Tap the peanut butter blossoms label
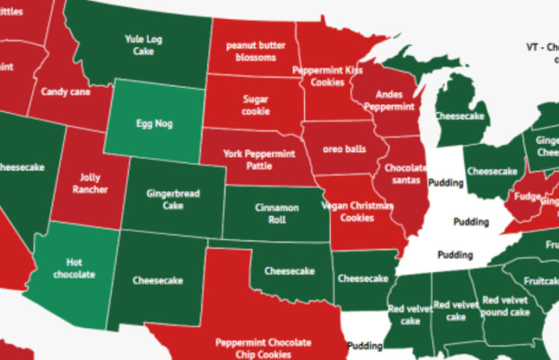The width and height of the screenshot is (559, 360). pyautogui.click(x=250, y=52)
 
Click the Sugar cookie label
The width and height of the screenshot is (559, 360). pyautogui.click(x=255, y=105)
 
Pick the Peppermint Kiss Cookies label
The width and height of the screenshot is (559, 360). pyautogui.click(x=328, y=76)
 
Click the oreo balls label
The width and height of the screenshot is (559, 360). pyautogui.click(x=344, y=150)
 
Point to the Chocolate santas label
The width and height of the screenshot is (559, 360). pyautogui.click(x=406, y=174)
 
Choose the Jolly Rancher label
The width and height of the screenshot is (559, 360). pyautogui.click(x=90, y=183)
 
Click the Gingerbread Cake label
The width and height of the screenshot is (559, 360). pyautogui.click(x=173, y=199)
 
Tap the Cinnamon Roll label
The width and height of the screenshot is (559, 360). pyautogui.click(x=277, y=213)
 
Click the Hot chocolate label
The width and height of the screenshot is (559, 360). pyautogui.click(x=80, y=268)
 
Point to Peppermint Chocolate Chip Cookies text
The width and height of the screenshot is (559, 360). pyautogui.click(x=263, y=348)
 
